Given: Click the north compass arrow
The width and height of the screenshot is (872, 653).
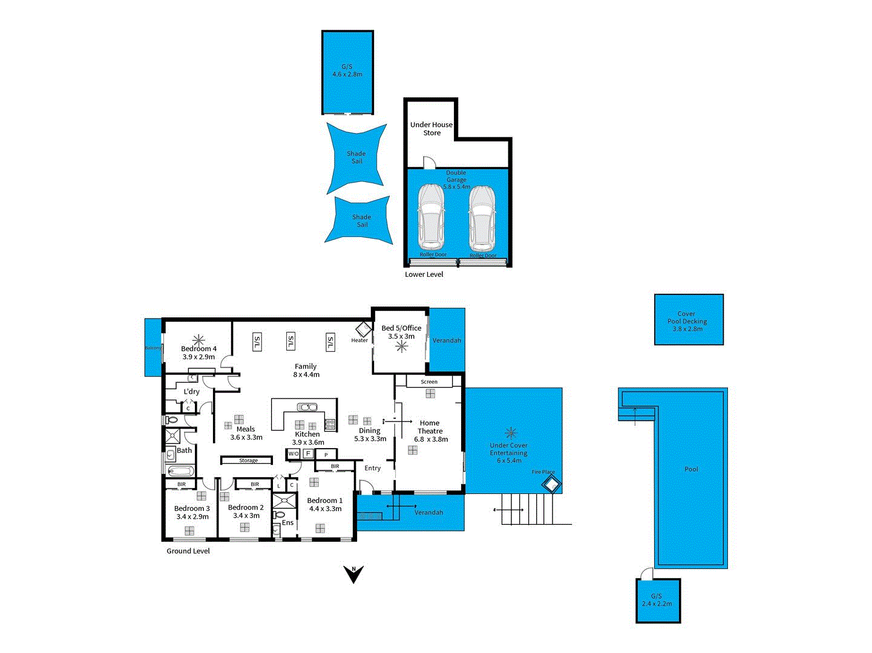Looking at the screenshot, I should pos(353,574).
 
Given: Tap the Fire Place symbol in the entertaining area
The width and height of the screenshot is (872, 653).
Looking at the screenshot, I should pos(551,484).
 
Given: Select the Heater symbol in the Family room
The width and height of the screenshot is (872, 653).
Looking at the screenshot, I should pos(362,330).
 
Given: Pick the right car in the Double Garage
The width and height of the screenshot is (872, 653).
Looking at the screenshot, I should pos(482,218).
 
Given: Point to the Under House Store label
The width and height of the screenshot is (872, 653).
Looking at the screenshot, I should pos(431,129).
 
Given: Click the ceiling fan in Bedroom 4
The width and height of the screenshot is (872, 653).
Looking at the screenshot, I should pos(198,340).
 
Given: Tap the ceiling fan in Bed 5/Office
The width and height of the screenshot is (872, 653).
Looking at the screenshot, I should pos(402,346).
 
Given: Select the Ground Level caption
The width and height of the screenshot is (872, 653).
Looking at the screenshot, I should pos(188,551).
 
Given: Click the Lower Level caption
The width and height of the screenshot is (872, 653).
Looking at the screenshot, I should pos(424,275).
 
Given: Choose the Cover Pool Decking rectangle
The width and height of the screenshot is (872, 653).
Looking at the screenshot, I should pos(689,320).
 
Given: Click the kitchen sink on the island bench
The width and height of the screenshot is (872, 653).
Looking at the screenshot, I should pos(307,407).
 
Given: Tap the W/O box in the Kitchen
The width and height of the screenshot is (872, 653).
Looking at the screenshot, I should pos(293,453).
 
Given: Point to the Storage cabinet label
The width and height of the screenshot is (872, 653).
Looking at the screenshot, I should pos(248,460).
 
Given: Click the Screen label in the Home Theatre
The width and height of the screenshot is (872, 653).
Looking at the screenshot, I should pos(429,382).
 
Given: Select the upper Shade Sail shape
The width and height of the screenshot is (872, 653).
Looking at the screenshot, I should pos(356,157).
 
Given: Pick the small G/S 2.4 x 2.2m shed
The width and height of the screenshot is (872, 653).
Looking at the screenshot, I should pos(658,600).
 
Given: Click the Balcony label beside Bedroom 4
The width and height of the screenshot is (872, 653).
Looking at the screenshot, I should pos(153,348).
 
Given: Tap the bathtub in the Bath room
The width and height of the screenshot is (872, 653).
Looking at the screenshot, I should pos(180,470).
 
